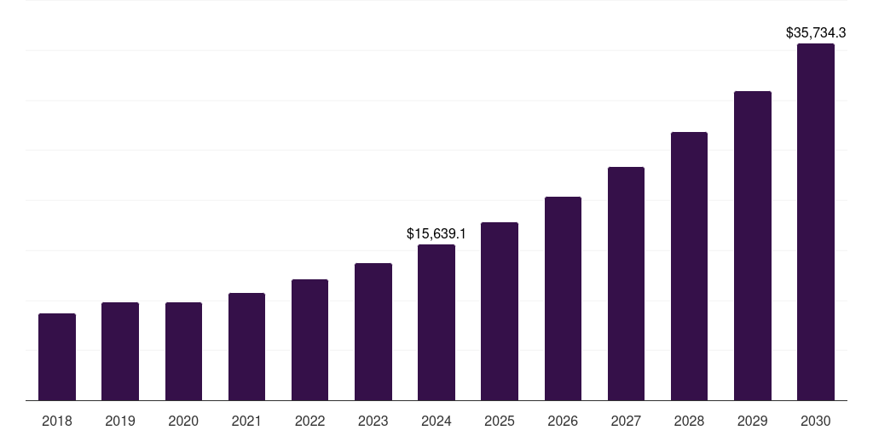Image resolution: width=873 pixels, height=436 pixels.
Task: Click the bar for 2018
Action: pyautogui.click(x=57, y=357)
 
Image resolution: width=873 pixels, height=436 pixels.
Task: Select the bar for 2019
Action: pyautogui.click(x=120, y=351)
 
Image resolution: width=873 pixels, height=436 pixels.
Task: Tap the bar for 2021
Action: pyautogui.click(x=246, y=347)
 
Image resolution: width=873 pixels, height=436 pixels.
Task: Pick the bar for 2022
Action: pyautogui.click(x=309, y=340)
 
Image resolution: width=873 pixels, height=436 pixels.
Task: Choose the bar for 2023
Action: pyautogui.click(x=373, y=331)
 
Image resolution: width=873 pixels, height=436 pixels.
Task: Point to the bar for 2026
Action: pyautogui.click(x=563, y=298)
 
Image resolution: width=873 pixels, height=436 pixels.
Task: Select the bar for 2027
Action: pyautogui.click(x=626, y=284)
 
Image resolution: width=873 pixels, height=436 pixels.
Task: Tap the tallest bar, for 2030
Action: pyautogui.click(x=816, y=221)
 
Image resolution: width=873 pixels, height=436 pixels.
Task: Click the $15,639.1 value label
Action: pyautogui.click(x=436, y=233)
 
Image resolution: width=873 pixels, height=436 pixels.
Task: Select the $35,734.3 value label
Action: pyautogui.click(x=816, y=33)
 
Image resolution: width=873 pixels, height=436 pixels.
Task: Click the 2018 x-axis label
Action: pyautogui.click(x=57, y=421)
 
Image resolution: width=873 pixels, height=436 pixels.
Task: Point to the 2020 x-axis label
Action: pyautogui.click(x=183, y=421)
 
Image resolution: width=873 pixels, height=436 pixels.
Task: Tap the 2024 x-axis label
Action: pyautogui.click(x=436, y=421)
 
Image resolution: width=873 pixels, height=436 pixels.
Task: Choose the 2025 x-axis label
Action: pyautogui.click(x=500, y=421)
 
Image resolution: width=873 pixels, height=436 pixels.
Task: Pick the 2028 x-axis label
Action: pyautogui.click(x=689, y=421)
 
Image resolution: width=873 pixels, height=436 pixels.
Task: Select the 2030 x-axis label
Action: pyautogui.click(x=816, y=421)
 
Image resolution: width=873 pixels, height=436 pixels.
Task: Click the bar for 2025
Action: pyautogui.click(x=500, y=311)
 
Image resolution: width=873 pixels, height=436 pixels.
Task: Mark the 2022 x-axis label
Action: pyautogui.click(x=309, y=421)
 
